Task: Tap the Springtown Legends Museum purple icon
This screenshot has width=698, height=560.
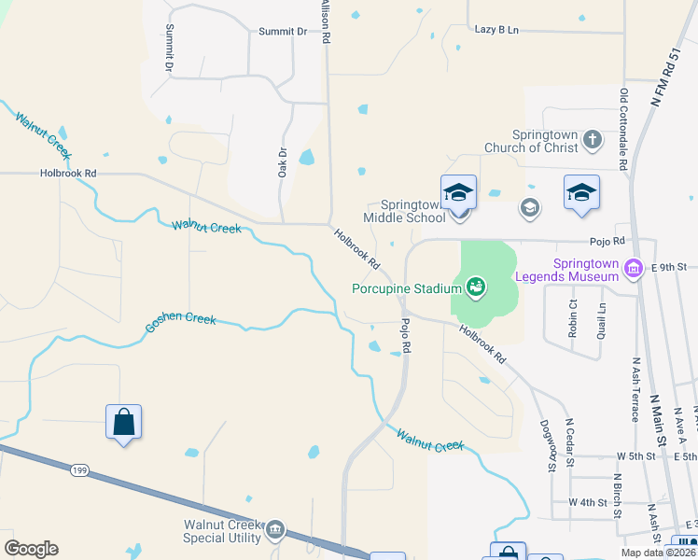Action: [635, 270]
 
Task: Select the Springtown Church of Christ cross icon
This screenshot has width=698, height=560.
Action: [592, 140]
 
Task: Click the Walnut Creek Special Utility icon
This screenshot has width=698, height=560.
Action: [274, 531]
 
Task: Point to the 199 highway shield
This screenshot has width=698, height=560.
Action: [79, 470]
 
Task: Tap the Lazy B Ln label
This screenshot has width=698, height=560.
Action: [496, 30]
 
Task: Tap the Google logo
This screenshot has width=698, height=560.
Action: [31, 549]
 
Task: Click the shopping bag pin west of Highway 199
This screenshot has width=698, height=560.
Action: [123, 423]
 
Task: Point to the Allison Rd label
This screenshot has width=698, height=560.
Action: [326, 22]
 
